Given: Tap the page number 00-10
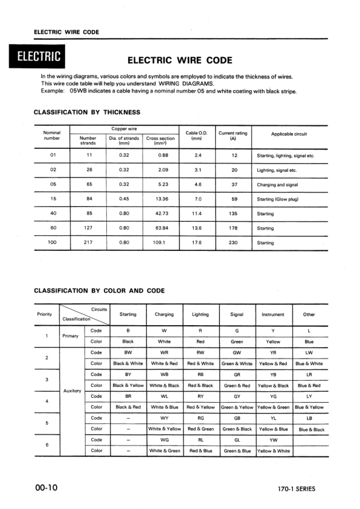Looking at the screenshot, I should pos(47,488).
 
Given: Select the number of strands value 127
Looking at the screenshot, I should pos(89,228).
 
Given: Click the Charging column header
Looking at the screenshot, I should pos(164,314).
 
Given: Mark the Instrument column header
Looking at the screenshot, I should pos(273,314).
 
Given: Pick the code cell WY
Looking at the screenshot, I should pos(164,418).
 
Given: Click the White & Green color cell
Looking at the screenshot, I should pos(164,450).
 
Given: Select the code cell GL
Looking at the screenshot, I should pos(237,439).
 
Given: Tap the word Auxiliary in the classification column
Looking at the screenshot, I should pos(73,391).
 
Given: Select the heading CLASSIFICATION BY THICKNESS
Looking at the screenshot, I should pos(87,112).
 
